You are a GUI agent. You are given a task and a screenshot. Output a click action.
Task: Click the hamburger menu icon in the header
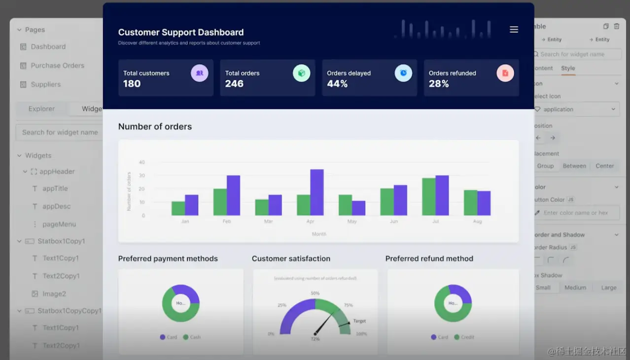(514, 30)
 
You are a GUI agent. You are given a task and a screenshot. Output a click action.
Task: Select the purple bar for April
(317, 192)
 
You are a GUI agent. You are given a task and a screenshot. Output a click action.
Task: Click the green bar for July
(428, 197)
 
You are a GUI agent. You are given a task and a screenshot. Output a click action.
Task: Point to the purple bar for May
(359, 208)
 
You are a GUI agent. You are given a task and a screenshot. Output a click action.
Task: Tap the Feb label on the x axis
(227, 221)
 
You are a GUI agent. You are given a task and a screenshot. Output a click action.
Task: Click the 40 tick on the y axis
(142, 162)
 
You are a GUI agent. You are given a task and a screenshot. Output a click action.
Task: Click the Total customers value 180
(132, 84)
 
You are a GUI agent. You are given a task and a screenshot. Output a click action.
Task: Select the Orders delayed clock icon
(403, 73)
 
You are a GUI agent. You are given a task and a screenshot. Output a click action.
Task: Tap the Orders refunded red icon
(505, 73)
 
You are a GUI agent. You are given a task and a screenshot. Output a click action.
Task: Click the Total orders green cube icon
(301, 73)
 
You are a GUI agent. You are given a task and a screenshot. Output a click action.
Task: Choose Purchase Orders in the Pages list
(57, 66)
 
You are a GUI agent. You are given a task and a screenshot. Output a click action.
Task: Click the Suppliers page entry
(46, 84)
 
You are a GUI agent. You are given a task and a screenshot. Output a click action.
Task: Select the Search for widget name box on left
(60, 132)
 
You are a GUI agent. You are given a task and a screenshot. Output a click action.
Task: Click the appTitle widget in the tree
(55, 188)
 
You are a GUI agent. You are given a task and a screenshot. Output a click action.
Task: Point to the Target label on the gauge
(359, 321)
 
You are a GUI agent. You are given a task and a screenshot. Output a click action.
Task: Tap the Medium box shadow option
(575, 288)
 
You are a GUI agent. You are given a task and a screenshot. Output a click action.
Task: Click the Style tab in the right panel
(568, 68)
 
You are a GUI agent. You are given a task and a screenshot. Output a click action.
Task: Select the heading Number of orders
(155, 127)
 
